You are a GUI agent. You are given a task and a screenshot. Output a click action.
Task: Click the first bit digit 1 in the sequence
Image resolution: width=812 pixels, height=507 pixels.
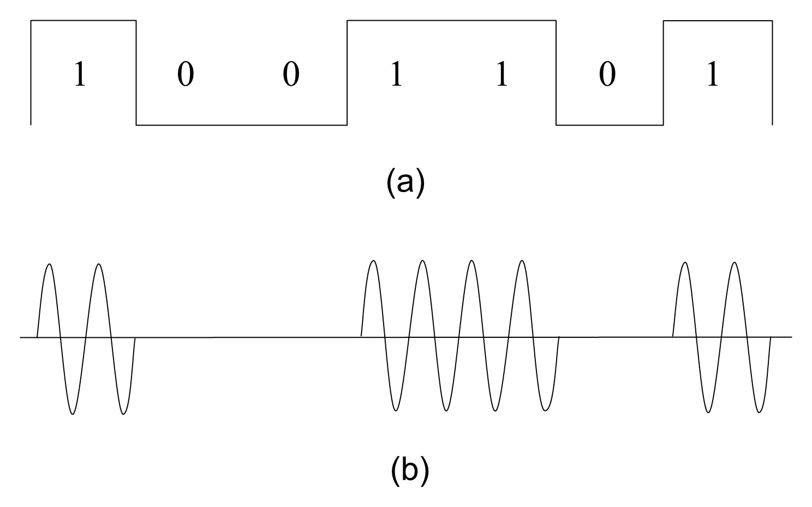coord(80,74)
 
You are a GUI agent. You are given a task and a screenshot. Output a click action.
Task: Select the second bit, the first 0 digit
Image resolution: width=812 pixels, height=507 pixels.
coord(186,74)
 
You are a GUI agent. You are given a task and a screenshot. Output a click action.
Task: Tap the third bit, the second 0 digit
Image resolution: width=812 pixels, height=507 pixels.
coord(291,74)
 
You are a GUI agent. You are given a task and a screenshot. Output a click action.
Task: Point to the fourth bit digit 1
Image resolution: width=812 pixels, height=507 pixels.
coord(397,74)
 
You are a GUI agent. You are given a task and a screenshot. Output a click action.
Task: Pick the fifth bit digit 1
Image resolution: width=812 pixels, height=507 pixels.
coord(502,74)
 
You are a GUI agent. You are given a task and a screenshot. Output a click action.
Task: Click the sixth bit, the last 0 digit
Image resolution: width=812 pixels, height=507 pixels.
coord(607,74)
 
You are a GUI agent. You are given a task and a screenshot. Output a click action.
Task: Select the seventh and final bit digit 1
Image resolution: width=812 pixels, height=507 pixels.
coord(713,74)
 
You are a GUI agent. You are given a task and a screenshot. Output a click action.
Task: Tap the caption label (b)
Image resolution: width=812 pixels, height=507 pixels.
coord(410,470)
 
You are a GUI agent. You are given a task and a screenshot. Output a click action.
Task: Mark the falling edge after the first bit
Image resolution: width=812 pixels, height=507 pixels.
coord(136,73)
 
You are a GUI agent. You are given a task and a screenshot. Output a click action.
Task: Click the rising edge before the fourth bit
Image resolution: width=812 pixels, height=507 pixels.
coord(347,73)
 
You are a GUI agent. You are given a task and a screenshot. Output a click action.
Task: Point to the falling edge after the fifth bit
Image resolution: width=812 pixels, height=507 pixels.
coord(556,73)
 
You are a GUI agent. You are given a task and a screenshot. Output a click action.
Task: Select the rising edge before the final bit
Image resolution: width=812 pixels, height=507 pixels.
coord(664,73)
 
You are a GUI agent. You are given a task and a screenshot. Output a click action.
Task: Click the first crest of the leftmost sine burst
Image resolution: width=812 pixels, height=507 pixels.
coord(50,264)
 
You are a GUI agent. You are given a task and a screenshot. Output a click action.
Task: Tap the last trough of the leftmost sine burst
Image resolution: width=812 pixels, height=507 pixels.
coord(123,414)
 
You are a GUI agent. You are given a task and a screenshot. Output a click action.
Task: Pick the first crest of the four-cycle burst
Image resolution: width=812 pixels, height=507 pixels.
coord(373,261)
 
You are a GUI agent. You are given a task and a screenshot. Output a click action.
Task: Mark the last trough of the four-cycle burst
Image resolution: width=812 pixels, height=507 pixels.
coord(545,411)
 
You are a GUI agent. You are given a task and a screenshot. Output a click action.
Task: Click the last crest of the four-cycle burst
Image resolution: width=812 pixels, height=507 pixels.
coord(522,261)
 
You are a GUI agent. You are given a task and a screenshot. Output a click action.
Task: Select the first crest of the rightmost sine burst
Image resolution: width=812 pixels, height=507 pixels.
coord(685,262)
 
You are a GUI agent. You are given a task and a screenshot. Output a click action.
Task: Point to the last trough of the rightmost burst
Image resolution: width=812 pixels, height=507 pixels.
coord(759,413)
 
